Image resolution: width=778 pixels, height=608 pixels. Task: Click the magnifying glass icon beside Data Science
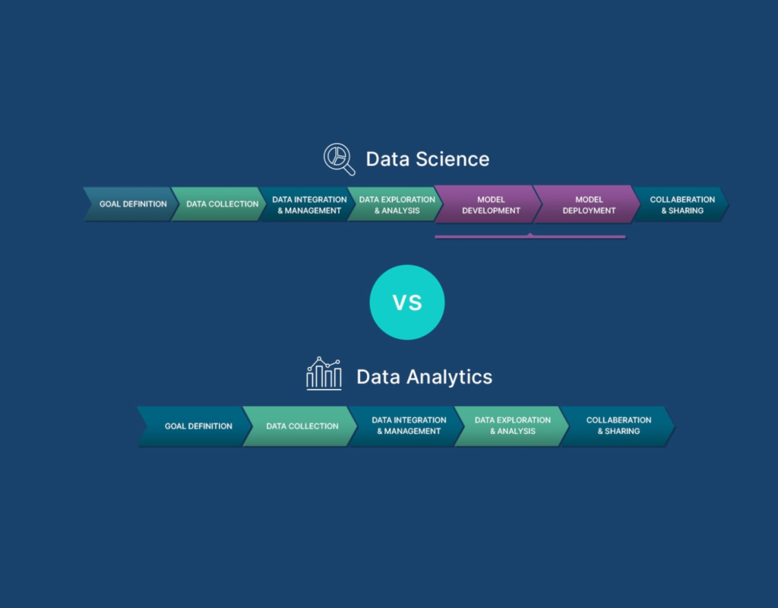coord(339,159)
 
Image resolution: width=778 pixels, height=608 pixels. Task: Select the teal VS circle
coord(406,302)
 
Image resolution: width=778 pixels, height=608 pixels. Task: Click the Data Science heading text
coord(427,159)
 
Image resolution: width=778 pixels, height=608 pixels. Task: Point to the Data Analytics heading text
coord(424,377)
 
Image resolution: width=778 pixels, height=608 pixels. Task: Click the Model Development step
coord(491,205)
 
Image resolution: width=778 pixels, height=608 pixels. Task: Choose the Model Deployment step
coord(589,205)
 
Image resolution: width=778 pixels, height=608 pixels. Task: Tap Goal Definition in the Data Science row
coord(132,204)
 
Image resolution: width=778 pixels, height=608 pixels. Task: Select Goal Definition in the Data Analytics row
coord(198,426)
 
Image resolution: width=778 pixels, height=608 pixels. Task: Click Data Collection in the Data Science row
coord(222,204)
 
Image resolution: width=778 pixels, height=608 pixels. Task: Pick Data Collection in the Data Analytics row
coord(302,426)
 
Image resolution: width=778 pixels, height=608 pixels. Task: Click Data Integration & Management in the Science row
coord(309,205)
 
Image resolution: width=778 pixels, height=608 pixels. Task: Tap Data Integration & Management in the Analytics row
coord(409,426)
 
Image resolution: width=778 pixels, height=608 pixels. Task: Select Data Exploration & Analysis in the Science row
coord(397,205)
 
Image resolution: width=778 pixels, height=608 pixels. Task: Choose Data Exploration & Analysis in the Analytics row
coord(512,426)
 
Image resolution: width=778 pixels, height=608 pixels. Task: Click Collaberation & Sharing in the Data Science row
coord(682,205)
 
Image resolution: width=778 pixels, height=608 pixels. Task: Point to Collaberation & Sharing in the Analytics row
coord(618,426)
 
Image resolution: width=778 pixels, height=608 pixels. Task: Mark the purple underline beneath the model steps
coord(530,237)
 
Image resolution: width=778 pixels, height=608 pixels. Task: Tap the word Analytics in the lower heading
coord(449,377)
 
